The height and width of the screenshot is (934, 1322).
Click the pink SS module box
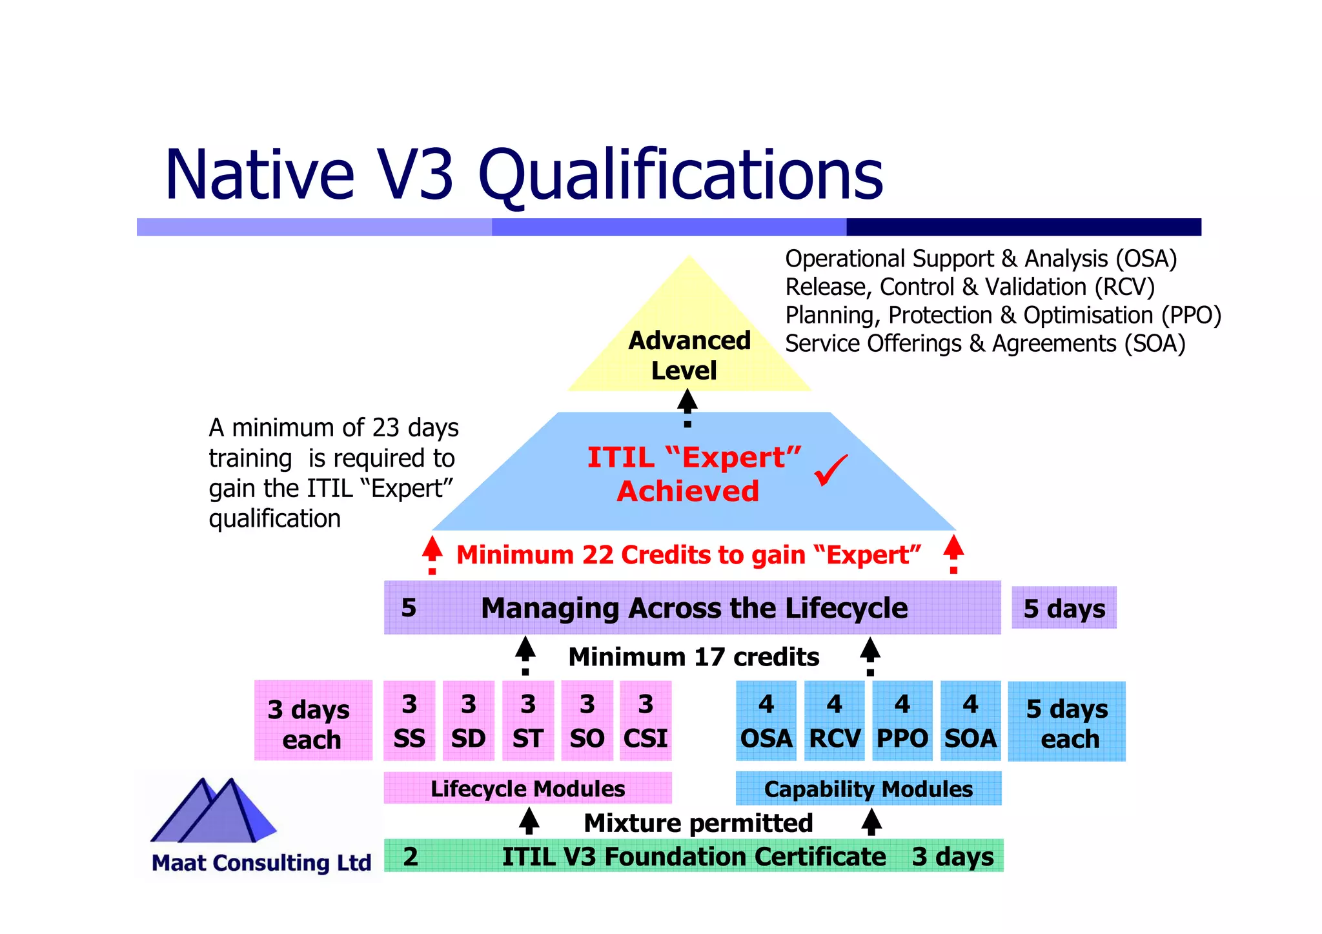click(409, 720)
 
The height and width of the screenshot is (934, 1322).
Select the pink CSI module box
click(646, 720)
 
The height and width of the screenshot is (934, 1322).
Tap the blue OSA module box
click(766, 720)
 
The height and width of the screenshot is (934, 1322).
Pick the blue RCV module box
click(835, 720)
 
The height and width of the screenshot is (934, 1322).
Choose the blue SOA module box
click(970, 720)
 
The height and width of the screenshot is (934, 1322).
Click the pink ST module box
click(528, 720)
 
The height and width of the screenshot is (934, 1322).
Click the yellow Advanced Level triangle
click(689, 336)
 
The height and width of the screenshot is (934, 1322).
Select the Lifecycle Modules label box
click(527, 788)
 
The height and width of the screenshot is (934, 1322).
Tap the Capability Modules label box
click(868, 788)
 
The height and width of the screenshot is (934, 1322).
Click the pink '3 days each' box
click(313, 720)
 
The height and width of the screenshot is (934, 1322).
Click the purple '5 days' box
click(1064, 607)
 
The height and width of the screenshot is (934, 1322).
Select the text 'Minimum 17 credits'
click(693, 656)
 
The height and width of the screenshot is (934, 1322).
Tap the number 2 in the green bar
click(411, 856)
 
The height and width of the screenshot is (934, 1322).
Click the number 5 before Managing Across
click(409, 607)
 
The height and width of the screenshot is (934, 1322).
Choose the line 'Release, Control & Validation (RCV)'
click(970, 287)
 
